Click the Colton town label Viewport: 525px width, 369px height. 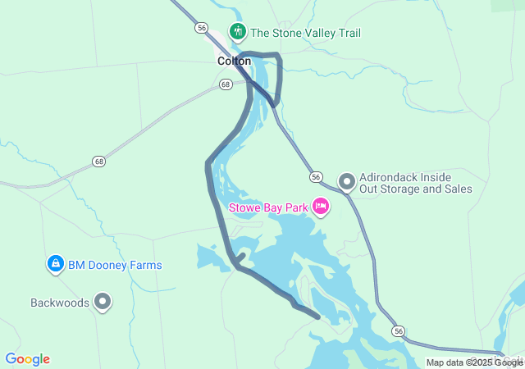(234, 61)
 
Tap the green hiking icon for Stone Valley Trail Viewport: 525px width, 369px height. (238, 32)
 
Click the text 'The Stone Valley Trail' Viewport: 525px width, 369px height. (305, 33)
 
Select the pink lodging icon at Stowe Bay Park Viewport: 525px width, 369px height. (321, 207)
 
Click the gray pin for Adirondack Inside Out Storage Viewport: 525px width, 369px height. (347, 180)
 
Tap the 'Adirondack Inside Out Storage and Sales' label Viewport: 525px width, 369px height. (417, 182)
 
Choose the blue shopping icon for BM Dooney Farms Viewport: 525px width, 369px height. (55, 264)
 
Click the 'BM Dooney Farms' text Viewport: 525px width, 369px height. (115, 265)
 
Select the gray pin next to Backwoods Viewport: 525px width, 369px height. (103, 302)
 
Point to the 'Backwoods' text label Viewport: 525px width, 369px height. (59, 303)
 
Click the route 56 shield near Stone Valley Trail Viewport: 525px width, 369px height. (202, 28)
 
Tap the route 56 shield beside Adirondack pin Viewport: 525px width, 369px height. (315, 177)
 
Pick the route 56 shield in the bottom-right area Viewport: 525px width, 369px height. (398, 330)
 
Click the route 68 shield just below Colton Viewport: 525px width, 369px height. (226, 84)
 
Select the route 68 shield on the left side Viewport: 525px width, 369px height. (98, 161)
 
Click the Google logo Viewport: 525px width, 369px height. (27, 359)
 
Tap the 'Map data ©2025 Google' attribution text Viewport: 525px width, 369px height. (474, 362)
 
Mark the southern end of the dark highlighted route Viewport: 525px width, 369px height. (318, 316)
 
